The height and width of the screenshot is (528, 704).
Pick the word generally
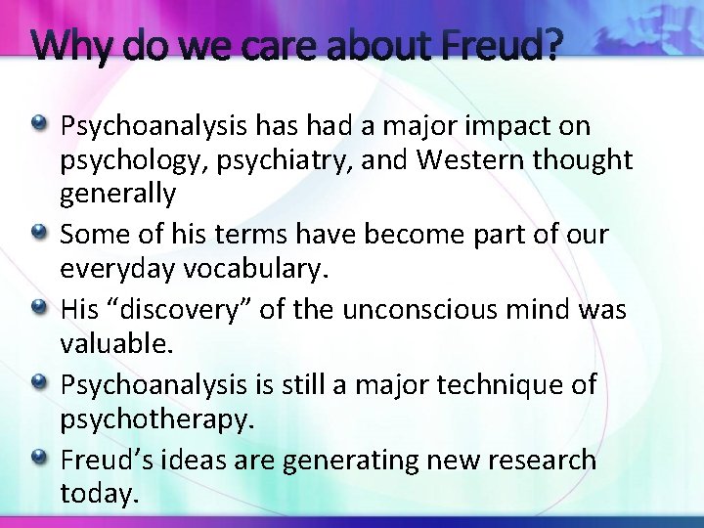(x=118, y=193)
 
